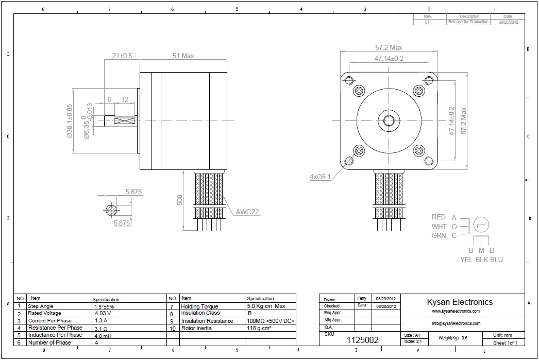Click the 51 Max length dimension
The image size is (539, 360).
click(x=183, y=56)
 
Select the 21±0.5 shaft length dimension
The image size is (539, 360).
click(x=122, y=56)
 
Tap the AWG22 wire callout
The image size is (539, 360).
click(x=247, y=212)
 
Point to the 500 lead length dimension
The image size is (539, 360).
click(x=180, y=200)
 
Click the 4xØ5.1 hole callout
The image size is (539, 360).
click(x=320, y=177)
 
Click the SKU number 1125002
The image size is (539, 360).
click(x=362, y=340)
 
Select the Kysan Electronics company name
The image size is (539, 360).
click(x=460, y=302)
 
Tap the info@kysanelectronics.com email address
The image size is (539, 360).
click(x=456, y=323)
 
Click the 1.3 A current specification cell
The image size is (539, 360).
click(x=102, y=320)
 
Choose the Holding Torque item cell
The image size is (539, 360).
click(x=199, y=306)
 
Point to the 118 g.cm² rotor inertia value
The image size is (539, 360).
click(x=259, y=328)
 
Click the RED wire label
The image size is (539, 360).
click(x=439, y=217)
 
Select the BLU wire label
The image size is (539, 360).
click(x=496, y=260)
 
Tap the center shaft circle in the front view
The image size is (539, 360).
click(x=389, y=121)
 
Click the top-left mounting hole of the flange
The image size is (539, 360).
click(x=349, y=81)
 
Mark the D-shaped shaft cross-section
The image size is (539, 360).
click(x=111, y=210)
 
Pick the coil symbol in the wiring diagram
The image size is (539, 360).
click(x=480, y=225)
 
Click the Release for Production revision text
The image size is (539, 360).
click(x=468, y=22)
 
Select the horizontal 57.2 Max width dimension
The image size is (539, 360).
click(x=389, y=48)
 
